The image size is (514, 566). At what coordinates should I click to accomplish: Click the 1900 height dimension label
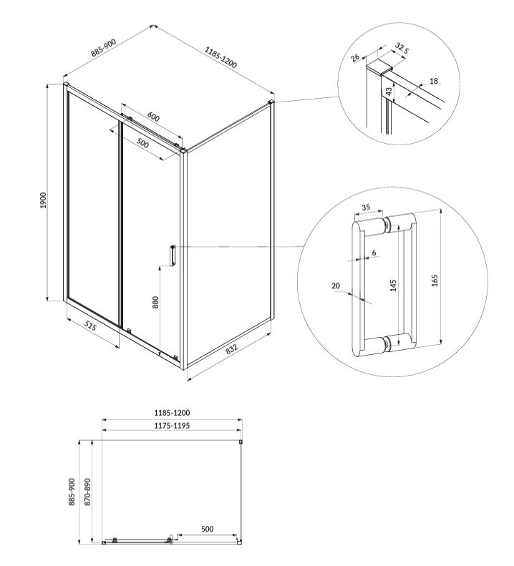[44, 200]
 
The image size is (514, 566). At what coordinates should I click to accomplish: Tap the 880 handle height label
[155, 302]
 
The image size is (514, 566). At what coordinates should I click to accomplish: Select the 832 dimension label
[232, 348]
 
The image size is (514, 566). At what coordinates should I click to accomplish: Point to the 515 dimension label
[91, 326]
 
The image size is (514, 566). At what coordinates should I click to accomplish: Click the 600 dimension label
[153, 117]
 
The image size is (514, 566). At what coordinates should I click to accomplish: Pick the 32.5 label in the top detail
[402, 48]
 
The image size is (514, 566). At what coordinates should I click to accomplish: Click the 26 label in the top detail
[355, 57]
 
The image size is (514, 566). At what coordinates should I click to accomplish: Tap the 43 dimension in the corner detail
[389, 92]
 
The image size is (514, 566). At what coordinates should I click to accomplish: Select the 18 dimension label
[434, 81]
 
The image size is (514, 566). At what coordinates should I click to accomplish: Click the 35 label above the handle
[366, 208]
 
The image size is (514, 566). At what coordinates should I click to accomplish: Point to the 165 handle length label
[435, 280]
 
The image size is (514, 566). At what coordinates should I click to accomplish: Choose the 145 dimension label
[393, 286]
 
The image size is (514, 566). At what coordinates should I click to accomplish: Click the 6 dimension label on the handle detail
[374, 253]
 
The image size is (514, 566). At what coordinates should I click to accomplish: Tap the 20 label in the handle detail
[336, 286]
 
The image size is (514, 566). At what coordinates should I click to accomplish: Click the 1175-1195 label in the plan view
[172, 425]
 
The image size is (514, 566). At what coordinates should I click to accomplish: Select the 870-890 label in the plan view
[88, 492]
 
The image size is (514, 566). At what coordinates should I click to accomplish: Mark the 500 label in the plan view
[207, 529]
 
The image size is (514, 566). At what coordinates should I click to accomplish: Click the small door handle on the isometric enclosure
[173, 255]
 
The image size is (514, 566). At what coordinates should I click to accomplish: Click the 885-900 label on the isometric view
[104, 48]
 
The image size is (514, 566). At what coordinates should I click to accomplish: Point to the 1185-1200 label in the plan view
[172, 412]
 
